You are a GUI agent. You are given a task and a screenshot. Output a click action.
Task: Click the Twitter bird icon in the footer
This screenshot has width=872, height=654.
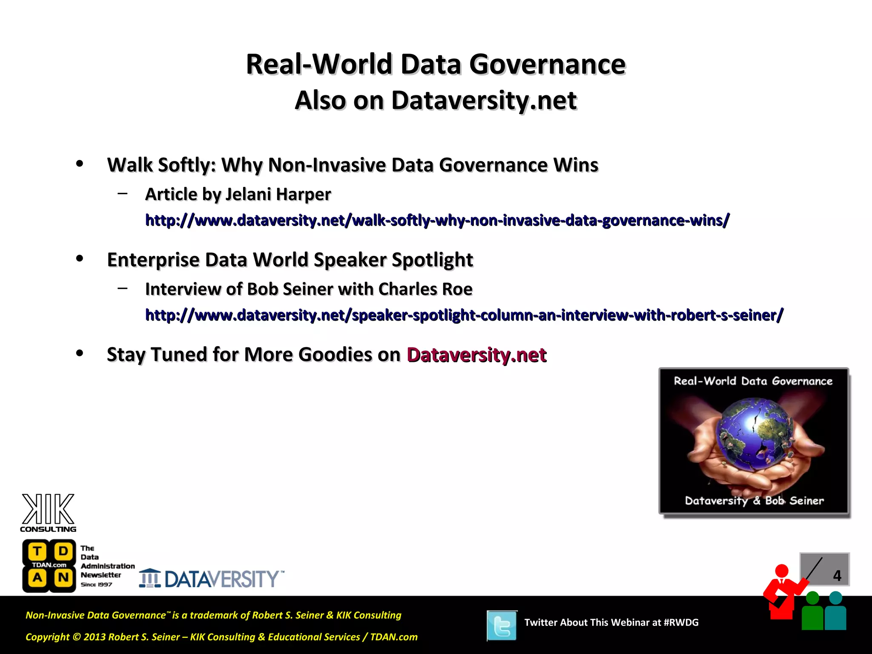502,625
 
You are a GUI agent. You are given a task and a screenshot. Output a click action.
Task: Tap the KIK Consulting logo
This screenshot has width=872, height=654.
48,513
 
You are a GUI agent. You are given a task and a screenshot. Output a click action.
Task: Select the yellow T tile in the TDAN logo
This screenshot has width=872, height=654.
37,551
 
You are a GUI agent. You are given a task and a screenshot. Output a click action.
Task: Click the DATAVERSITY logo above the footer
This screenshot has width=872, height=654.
212,579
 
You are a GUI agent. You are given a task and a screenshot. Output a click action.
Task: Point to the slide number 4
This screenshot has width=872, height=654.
837,576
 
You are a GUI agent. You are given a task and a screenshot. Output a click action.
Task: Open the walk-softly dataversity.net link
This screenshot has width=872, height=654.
437,220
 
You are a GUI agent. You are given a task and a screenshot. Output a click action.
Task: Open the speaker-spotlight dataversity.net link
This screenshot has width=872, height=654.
464,315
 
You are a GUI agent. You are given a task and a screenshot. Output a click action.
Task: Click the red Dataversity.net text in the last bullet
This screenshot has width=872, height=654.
476,355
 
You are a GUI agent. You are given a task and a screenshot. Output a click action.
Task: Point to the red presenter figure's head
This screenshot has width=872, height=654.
782,571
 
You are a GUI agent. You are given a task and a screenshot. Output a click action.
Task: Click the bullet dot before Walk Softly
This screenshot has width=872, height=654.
80,164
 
